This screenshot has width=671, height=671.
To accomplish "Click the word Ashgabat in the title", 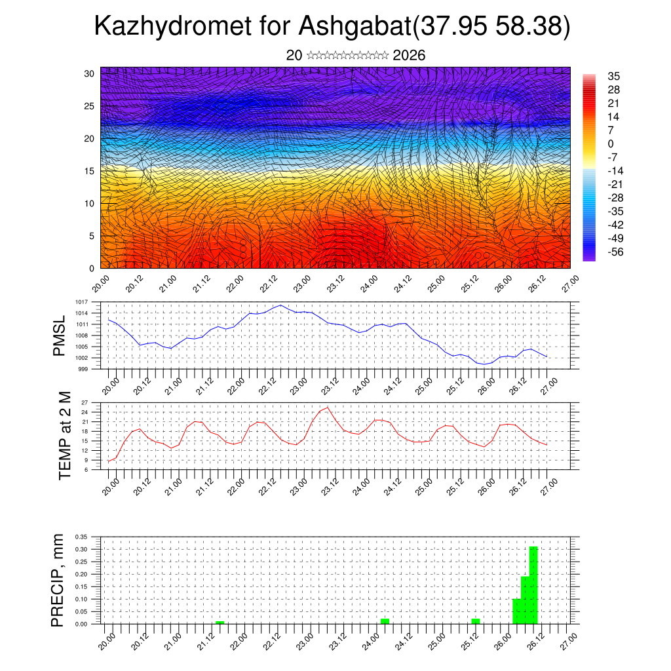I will pos(354,26).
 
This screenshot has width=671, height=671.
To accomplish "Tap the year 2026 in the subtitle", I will pos(409,56).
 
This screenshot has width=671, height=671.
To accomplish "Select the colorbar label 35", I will pos(614,77).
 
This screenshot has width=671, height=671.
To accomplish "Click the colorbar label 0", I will pos(611,144).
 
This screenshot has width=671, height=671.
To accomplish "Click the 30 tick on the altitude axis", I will pos(89,73).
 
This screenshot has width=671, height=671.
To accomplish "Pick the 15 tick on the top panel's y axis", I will pos(89,171).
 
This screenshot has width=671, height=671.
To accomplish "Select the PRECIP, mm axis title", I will pos(58,580).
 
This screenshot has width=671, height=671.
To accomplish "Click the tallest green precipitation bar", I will pos(533,585).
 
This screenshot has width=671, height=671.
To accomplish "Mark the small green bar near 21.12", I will pos(220,622).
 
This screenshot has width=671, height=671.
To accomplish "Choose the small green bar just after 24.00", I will pos(385,621).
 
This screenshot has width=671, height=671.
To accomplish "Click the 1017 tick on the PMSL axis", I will pos(82,302).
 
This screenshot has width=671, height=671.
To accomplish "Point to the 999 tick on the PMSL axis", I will pos(84,369).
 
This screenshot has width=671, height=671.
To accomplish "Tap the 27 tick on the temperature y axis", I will pos(85,402).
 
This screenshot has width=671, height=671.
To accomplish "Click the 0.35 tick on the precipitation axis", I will pos(81,536).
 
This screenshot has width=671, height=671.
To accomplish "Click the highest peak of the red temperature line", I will pos(328,408).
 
